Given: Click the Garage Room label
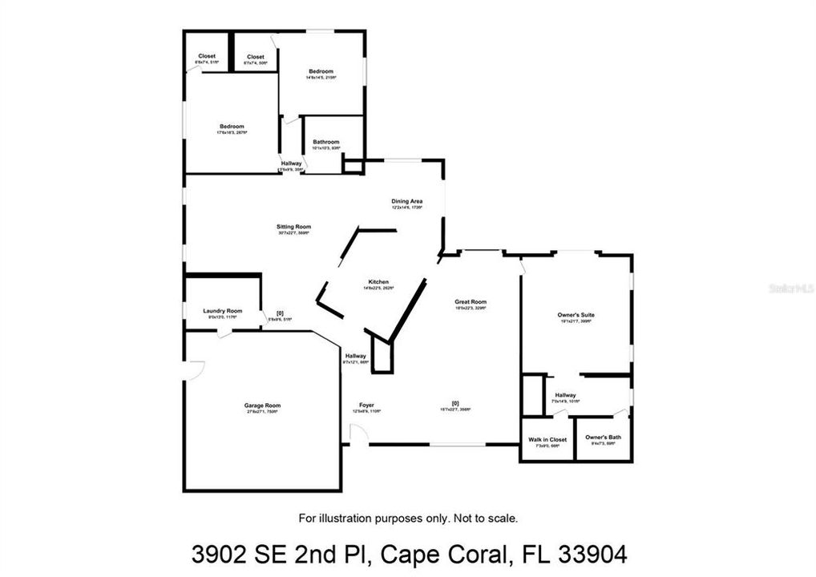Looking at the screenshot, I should coord(262,406).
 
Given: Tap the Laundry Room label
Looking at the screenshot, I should coord(223,311).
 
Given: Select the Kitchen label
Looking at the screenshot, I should coord(378,282).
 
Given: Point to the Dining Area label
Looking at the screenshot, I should coord(406,201).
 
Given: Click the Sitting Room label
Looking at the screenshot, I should coord(293,227).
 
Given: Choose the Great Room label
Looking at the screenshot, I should coord(471,302).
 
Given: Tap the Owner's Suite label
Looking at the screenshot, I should coord(576,315).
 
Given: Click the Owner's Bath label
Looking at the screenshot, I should coord(603,437).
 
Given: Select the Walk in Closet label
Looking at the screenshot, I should coord(547,440).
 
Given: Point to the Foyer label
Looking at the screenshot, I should coord(366,406).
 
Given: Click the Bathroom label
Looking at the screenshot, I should coord(326,142).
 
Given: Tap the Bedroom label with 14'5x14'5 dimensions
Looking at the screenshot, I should coord(321,71).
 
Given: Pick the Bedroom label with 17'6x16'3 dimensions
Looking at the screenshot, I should coord(232,127).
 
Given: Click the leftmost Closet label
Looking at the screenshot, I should coord(206,56).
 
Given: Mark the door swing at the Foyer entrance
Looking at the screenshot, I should coord(358,435).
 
